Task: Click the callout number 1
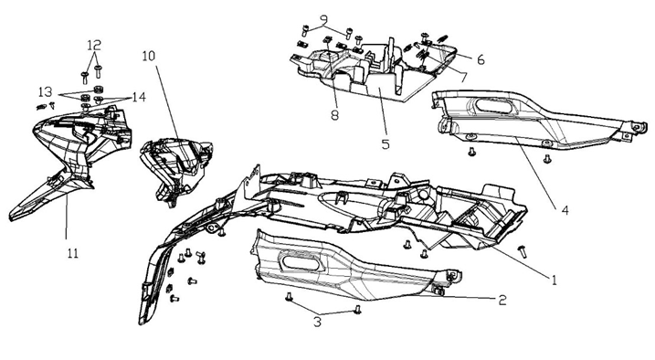click(x=555, y=280)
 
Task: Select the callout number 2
click(x=502, y=300)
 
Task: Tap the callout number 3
click(x=318, y=322)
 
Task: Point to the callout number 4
click(x=565, y=210)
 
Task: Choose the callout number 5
click(x=386, y=144)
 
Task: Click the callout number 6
click(x=481, y=59)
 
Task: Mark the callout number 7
click(x=462, y=77)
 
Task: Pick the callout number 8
click(x=334, y=115)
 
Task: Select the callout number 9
click(x=324, y=19)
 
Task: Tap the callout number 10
click(x=148, y=56)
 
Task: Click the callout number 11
click(x=73, y=253)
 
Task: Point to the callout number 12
click(x=94, y=45)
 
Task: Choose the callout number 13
click(x=46, y=91)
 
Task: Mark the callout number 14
click(x=139, y=97)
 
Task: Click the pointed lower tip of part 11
click(x=10, y=217)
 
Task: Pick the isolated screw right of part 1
click(x=522, y=251)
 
